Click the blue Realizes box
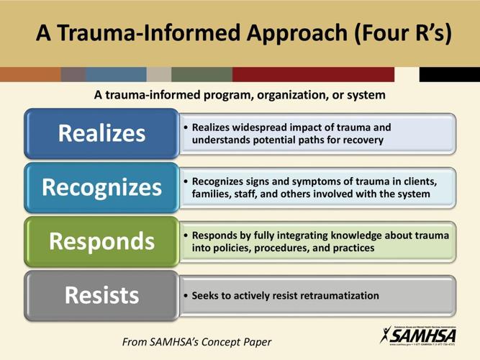pyautogui.click(x=101, y=133)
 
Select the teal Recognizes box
pyautogui.click(x=101, y=188)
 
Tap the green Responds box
pyautogui.click(x=101, y=241)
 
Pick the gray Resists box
pyautogui.click(x=101, y=295)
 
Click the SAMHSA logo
pyautogui.click(x=418, y=335)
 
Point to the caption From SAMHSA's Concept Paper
pyautogui.click(x=196, y=341)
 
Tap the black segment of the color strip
pyautogui.click(x=449, y=74)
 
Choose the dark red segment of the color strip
pyautogui.click(x=313, y=74)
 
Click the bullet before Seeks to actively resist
pyautogui.click(x=186, y=296)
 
